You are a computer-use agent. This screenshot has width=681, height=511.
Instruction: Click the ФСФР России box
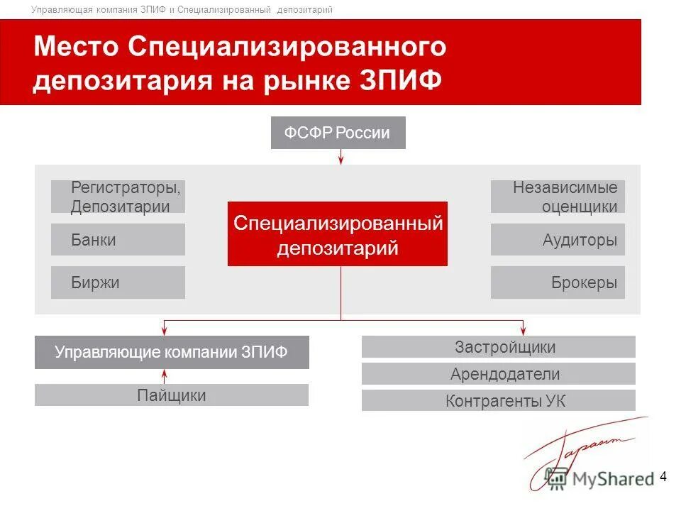coord(338,133)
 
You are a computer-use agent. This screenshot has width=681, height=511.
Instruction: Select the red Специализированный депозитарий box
coord(338,233)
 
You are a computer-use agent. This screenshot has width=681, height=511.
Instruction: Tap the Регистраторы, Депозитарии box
coord(118,197)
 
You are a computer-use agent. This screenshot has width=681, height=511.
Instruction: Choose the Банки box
coord(118,240)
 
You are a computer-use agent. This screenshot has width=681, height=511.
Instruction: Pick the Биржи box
coord(118,282)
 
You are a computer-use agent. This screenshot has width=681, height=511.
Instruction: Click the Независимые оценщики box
coord(558,197)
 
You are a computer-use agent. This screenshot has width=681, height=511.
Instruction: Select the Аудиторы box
coord(558,240)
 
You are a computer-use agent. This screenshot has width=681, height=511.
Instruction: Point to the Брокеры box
coord(558,282)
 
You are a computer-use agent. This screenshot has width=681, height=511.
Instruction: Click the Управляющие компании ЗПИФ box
coord(172,353)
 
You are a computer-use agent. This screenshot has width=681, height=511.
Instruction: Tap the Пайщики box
coord(172,395)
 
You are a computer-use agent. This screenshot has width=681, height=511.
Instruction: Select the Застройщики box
coord(498,347)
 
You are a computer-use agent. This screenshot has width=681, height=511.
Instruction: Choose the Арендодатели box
coord(498,374)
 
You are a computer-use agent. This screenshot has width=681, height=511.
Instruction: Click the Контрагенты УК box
coord(498,400)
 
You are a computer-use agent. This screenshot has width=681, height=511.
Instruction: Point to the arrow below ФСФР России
coord(341,157)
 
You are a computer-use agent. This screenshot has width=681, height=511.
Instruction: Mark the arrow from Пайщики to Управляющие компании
coord(164,376)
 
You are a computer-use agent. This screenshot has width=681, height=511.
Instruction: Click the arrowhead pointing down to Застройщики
coord(524,330)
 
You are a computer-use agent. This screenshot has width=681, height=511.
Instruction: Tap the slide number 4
coord(663,476)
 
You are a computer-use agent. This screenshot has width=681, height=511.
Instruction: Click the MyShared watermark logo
coord(599,478)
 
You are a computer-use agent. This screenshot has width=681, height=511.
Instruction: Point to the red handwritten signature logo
coord(582,447)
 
